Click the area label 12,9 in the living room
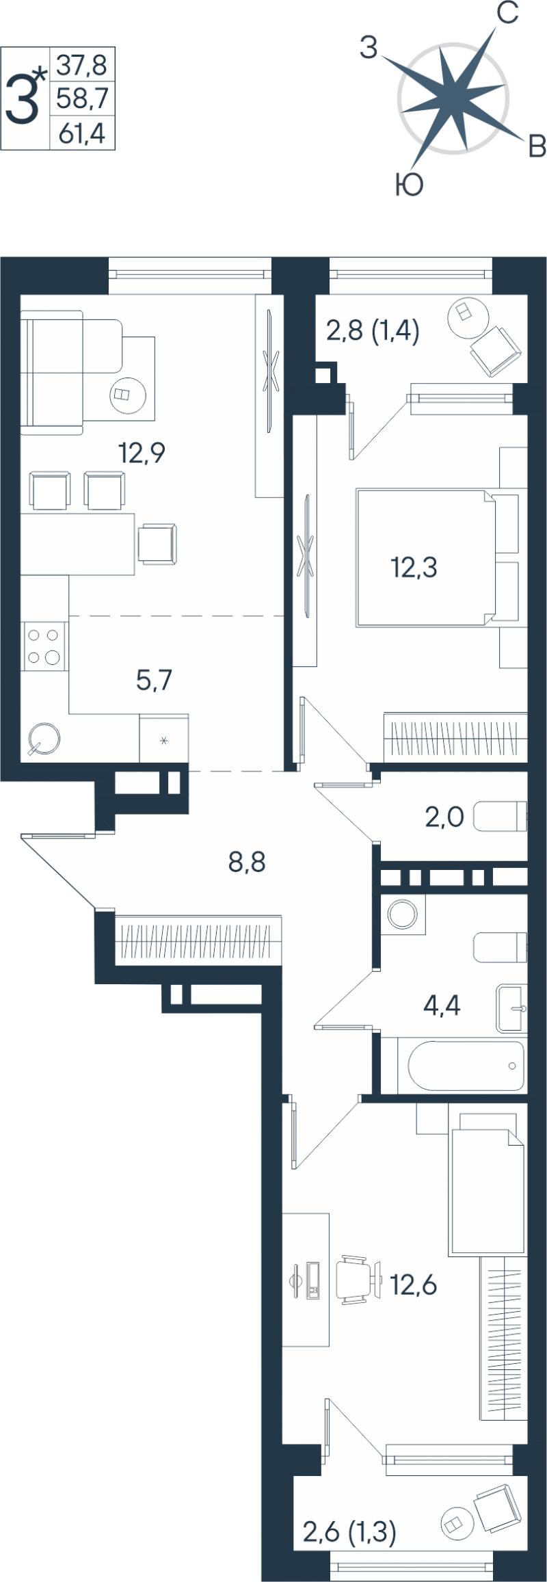142,453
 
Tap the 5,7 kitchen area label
154,680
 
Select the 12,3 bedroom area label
414,567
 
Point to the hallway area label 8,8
247,862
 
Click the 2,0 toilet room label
444,817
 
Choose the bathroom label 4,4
442,1005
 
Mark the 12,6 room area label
413,1285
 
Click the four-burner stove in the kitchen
43,646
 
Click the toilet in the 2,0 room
500,816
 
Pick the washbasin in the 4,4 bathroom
511,1008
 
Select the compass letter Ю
409,185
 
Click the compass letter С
507,13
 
